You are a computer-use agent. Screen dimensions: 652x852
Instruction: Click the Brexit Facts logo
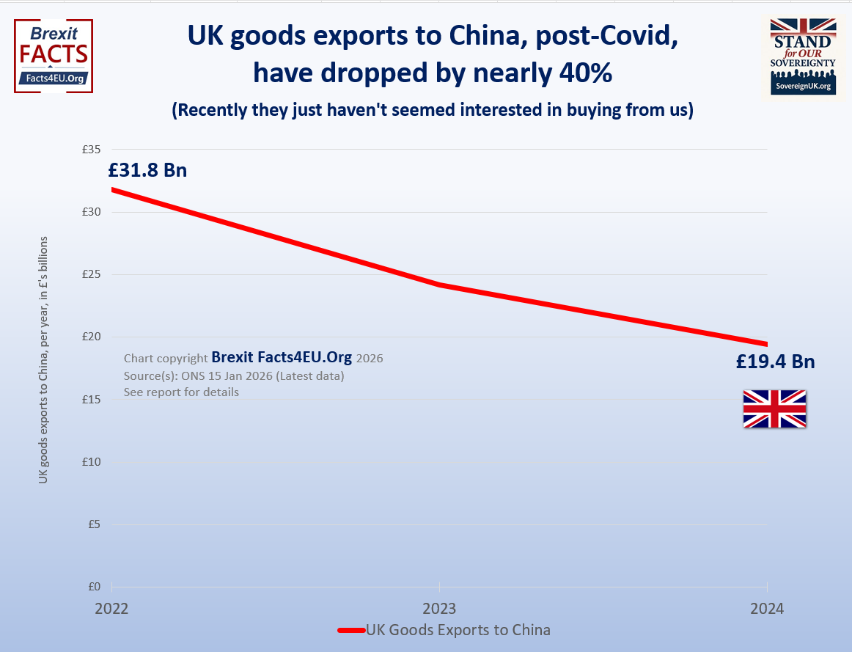pyautogui.click(x=54, y=56)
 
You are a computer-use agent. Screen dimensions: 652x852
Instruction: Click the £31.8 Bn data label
pyautogui.click(x=147, y=170)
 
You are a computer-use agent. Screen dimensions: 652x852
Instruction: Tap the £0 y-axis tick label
pyautogui.click(x=94, y=587)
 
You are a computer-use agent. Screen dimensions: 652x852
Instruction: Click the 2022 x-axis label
pyautogui.click(x=111, y=609)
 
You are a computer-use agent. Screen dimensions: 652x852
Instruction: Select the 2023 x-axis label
pyautogui.click(x=438, y=609)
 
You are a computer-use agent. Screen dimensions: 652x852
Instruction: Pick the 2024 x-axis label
pyautogui.click(x=767, y=609)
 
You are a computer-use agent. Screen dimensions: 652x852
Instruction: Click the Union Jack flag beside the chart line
pyautogui.click(x=774, y=409)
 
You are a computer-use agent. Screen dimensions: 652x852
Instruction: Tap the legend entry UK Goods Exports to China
pyautogui.click(x=444, y=630)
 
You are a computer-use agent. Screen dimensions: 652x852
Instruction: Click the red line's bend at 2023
pyautogui.click(x=438, y=284)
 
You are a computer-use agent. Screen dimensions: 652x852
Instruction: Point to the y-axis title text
pyautogui.click(x=43, y=359)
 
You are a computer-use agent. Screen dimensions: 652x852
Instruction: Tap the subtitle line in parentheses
pyautogui.click(x=433, y=111)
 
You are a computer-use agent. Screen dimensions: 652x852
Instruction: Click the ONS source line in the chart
pyautogui.click(x=234, y=376)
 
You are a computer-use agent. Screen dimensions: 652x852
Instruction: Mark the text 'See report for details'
pyautogui.click(x=181, y=392)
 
